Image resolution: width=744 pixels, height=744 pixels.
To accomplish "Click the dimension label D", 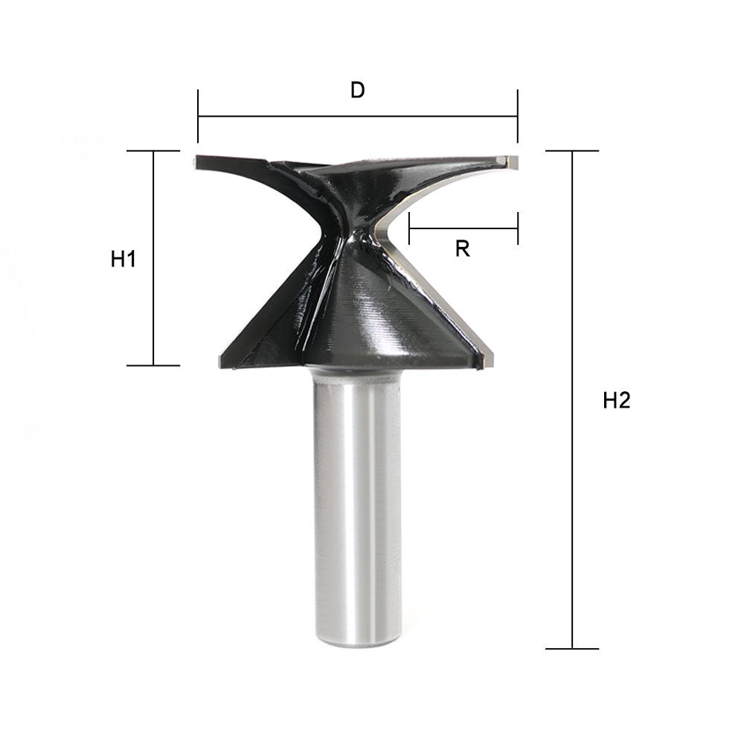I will point(358,90).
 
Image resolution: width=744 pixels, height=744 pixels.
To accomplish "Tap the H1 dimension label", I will point(123,260).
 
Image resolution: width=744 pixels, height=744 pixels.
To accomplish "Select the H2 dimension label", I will point(617,401).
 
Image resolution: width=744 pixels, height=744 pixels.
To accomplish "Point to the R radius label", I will point(463,249).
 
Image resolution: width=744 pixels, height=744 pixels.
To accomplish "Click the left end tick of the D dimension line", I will point(198,116).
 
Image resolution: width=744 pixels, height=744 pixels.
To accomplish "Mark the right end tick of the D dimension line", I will point(517,116).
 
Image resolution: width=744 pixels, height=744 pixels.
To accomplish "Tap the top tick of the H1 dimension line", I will point(153,151).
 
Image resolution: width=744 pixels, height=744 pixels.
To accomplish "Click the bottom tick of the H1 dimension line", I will point(153,365).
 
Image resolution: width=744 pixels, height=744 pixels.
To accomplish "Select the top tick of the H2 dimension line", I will point(572,151).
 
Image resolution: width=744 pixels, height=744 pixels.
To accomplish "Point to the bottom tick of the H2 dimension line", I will point(572,649).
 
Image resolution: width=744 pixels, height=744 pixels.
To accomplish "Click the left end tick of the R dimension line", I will point(409,228).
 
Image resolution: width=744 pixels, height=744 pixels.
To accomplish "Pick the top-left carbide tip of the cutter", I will point(196,161).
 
